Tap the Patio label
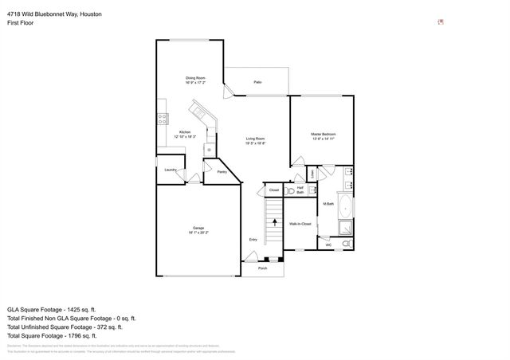(257, 83)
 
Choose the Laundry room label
(170, 170)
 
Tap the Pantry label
(222, 171)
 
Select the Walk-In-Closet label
(300, 224)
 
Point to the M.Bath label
(328, 205)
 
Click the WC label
(328, 245)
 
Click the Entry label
(253, 239)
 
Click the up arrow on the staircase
(273, 221)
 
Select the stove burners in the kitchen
(163, 120)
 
